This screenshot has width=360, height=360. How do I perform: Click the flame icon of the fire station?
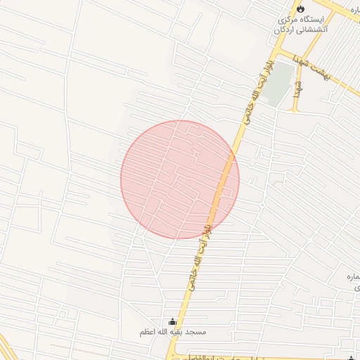301,9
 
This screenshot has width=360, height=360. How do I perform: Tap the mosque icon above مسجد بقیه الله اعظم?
173,321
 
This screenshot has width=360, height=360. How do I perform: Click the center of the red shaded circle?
180,179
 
